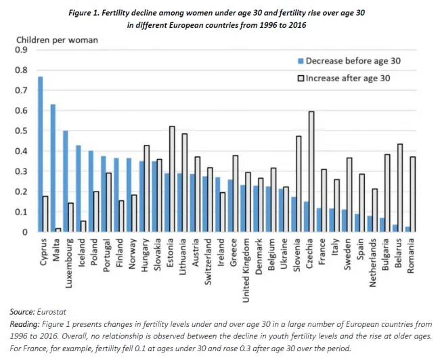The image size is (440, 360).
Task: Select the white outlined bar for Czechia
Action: (311, 172)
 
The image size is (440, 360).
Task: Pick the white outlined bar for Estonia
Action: (171, 179)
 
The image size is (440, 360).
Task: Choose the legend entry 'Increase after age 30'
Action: (349, 78)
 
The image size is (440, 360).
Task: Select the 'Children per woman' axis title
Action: (57, 40)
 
